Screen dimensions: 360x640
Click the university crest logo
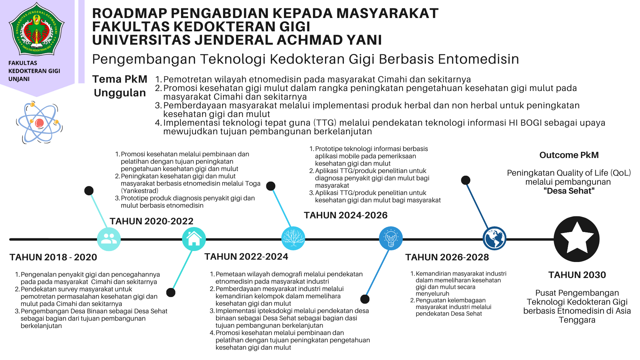pyautogui.click(x=37, y=29)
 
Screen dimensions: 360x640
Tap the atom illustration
pyautogui.click(x=39, y=123)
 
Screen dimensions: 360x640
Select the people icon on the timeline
pyautogui.click(x=109, y=239)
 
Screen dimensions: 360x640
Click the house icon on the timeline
pyautogui.click(x=194, y=239)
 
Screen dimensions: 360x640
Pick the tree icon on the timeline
pyautogui.click(x=293, y=239)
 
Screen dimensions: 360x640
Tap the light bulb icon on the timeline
pyautogui.click(x=391, y=239)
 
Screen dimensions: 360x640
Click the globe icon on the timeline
pyautogui.click(x=494, y=239)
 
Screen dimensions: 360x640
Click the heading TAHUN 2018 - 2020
pyautogui.click(x=53, y=257)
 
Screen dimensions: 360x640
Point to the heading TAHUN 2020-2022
pyautogui.click(x=151, y=221)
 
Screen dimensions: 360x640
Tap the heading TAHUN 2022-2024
pyautogui.click(x=246, y=257)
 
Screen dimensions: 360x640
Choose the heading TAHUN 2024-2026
pyautogui.click(x=346, y=215)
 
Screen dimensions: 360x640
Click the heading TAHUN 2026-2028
pyautogui.click(x=447, y=257)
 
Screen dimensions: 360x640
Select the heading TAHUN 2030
pyautogui.click(x=577, y=275)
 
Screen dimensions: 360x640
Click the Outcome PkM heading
pyautogui.click(x=569, y=155)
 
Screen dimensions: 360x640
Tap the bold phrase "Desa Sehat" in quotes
pyautogui.click(x=569, y=191)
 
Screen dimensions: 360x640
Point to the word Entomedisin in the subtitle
pyautogui.click(x=478, y=59)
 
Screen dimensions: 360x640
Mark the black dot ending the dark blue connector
pyautogui.click(x=466, y=180)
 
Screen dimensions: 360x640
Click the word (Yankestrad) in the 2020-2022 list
pyautogui.click(x=140, y=191)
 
